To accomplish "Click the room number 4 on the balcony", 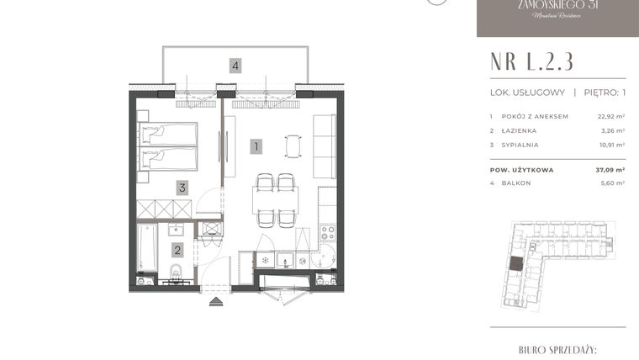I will [x=236, y=65].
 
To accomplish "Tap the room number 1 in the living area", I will [x=256, y=146].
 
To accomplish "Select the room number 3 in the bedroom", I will [x=182, y=188].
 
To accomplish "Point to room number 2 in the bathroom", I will [x=177, y=249].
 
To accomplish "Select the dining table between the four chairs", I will [x=275, y=200].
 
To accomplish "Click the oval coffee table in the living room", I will [x=292, y=146].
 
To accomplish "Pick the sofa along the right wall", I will [x=325, y=142].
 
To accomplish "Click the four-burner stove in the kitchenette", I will [x=326, y=230].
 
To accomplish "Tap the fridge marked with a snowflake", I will [x=264, y=260].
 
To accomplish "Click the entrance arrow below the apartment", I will [x=216, y=299].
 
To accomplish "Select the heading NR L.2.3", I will [x=532, y=61].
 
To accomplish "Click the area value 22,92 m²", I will [x=610, y=116].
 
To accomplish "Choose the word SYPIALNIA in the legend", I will [x=521, y=145].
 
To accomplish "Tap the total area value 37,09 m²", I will [x=610, y=169].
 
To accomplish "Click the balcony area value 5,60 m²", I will [x=611, y=183].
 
